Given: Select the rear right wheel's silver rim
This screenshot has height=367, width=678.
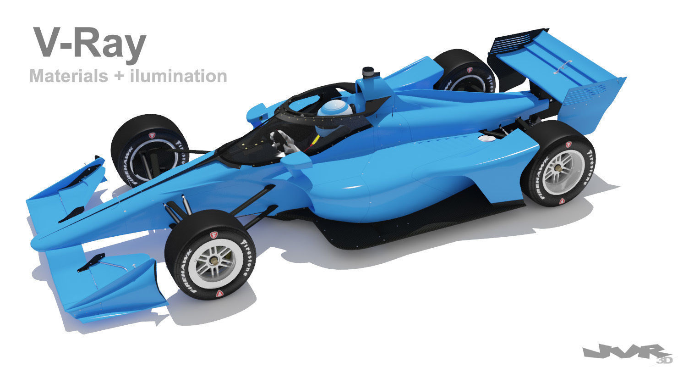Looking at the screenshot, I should (561, 171).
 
